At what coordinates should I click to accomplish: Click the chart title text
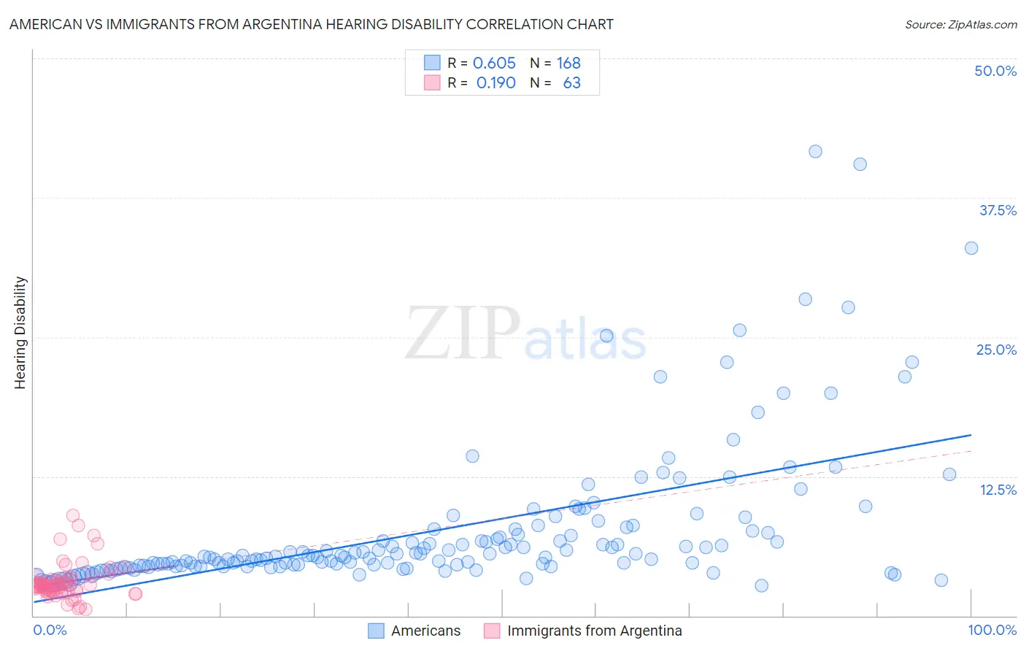[x=311, y=24]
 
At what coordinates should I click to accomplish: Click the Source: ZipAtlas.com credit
[x=960, y=24]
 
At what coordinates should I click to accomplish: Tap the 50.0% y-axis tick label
[x=995, y=71]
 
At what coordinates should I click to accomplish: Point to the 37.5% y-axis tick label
[x=998, y=210]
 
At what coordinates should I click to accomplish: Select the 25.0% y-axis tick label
[x=996, y=350]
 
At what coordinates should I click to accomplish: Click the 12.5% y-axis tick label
[x=998, y=490]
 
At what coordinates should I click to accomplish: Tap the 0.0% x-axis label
[x=50, y=630]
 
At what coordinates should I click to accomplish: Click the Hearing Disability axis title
[x=20, y=333]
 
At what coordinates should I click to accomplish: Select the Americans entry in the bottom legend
[x=425, y=631]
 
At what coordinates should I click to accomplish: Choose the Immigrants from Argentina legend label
[x=594, y=631]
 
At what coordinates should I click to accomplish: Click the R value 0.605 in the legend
[x=494, y=63]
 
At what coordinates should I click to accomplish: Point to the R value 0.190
[x=495, y=82]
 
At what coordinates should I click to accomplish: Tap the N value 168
[x=568, y=63]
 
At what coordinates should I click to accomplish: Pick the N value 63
[x=571, y=82]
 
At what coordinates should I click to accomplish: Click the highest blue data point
[x=815, y=151]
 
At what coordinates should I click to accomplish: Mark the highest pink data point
[x=73, y=515]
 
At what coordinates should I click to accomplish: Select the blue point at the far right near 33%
[x=971, y=248]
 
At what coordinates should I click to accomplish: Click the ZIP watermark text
[x=463, y=334]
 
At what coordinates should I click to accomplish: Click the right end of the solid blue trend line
[x=971, y=435]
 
